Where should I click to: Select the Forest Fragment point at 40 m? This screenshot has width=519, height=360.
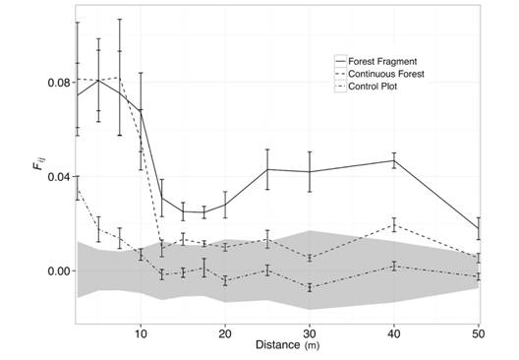[x=394, y=160]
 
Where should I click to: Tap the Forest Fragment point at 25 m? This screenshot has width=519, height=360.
[x=267, y=169]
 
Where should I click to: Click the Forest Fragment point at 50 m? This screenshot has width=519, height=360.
[x=479, y=228]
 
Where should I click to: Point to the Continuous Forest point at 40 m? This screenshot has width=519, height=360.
[x=394, y=225]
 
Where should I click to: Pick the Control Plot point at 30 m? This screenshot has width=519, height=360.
[x=310, y=288]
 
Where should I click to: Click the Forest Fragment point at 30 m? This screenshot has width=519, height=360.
[x=310, y=172]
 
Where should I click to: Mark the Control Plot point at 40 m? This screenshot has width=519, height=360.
[x=394, y=266]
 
